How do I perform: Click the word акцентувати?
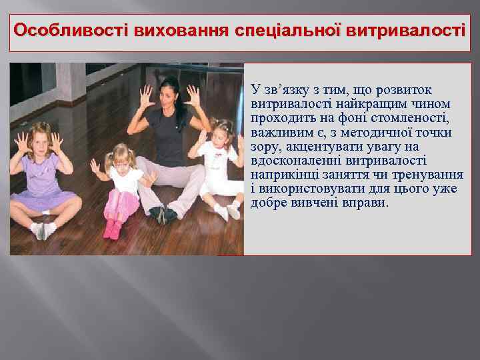pos(322,147)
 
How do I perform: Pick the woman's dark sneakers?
pos(163,214)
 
